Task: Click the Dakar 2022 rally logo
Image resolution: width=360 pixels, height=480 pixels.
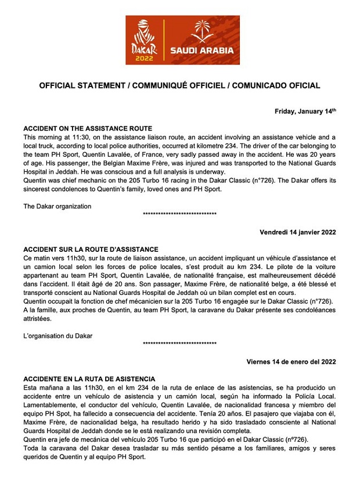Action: point(145,40)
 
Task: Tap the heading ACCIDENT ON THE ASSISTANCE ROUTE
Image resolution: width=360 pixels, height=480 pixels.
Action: point(87,128)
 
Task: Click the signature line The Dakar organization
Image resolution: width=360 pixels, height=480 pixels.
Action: point(57,205)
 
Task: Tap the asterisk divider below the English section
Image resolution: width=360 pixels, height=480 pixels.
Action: point(179,214)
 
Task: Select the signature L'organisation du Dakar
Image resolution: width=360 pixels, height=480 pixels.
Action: point(57,335)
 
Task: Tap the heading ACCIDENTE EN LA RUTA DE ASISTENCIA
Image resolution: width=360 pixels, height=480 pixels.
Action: point(89,379)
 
